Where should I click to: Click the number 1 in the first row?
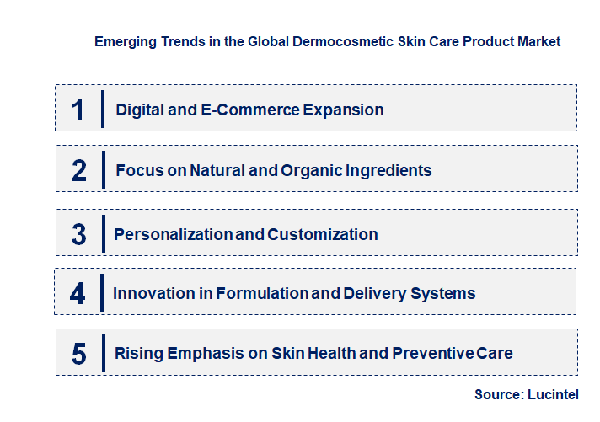[78, 109]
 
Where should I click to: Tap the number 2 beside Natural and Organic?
[79, 170]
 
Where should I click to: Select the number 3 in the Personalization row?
[79, 234]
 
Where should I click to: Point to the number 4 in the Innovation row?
[78, 293]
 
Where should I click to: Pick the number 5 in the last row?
[79, 354]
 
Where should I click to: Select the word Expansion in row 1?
[342, 110]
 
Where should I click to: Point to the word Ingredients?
[390, 170]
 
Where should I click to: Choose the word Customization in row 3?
[323, 234]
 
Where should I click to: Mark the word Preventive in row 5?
[434, 354]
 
